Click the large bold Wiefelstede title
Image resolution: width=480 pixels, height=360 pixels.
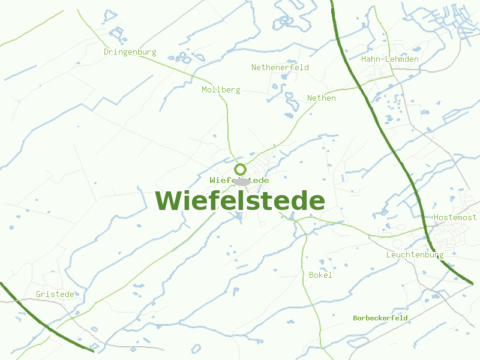point(240,201)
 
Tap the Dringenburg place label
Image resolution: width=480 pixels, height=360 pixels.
point(130,52)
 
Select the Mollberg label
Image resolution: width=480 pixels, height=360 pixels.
point(221,90)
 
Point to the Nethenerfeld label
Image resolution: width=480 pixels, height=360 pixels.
point(280,68)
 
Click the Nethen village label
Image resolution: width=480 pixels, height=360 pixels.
point(322,98)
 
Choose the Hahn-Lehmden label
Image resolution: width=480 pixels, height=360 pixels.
point(390,59)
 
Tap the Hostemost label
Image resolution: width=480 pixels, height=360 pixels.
point(455,217)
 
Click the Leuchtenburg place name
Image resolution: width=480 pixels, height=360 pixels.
point(415,255)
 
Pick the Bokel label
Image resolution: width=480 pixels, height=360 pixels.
point(320,275)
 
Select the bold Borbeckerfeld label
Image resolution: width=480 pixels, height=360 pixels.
point(380,318)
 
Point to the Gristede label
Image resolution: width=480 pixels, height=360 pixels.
point(55,295)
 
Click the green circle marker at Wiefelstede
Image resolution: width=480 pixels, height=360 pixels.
point(240,169)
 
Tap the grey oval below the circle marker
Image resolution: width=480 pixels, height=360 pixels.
point(242,181)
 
